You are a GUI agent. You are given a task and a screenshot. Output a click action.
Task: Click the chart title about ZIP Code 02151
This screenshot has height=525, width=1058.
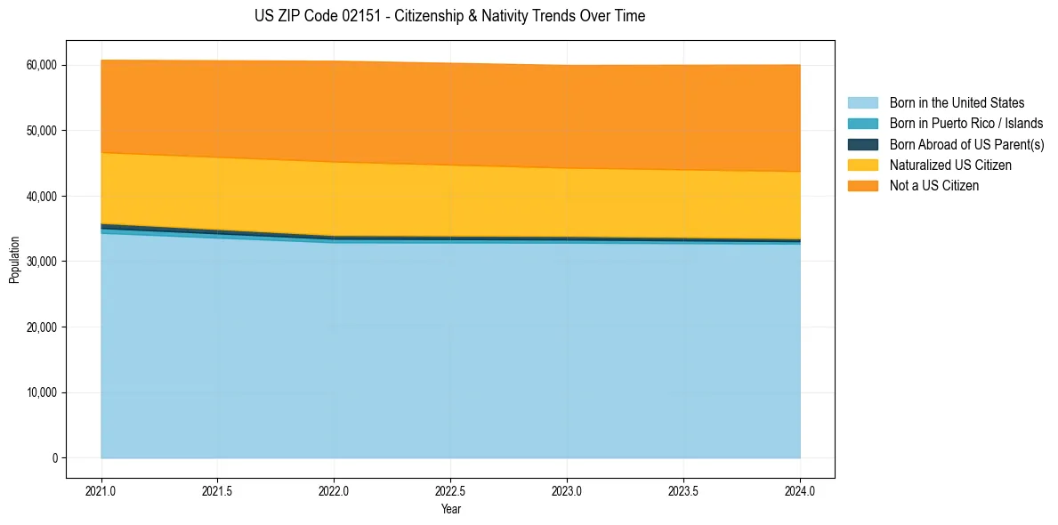coord(449,16)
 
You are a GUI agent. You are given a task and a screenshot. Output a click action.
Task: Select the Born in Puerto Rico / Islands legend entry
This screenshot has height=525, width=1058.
coord(966,124)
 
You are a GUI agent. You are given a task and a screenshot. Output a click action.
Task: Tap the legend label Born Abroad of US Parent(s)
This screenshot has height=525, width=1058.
coord(966,144)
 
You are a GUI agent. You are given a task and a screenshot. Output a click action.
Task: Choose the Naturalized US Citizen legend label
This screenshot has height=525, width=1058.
coord(950,166)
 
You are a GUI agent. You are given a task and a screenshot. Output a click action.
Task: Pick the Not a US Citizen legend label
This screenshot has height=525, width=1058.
coord(934,186)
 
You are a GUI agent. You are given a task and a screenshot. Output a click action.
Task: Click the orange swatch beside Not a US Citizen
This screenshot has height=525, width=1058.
coord(862,186)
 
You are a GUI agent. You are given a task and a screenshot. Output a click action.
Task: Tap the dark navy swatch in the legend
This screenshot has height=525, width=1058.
coord(862,144)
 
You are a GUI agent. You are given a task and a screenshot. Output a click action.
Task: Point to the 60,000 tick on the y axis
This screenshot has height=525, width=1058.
coord(42,65)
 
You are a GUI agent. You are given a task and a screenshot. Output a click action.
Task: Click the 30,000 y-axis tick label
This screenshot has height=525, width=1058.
coord(42,262)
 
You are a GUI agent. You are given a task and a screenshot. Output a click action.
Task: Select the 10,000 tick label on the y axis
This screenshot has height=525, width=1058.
coord(42,392)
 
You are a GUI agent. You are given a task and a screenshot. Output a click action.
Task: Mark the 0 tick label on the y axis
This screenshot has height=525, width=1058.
coord(53,458)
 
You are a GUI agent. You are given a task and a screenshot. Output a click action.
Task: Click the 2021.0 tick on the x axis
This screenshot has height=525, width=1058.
coord(101,490)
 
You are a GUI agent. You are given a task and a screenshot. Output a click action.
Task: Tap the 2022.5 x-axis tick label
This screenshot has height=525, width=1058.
coord(450,490)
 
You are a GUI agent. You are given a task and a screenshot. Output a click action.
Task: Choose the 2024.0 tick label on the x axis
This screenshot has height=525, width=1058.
coord(800,490)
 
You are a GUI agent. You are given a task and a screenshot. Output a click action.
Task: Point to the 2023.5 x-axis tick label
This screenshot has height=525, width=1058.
coord(683,490)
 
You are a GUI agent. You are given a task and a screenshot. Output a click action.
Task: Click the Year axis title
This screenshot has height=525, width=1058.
coord(450,510)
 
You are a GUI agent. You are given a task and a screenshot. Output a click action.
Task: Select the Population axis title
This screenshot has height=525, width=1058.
coord(14,260)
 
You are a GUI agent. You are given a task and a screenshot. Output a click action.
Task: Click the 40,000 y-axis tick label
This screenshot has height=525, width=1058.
coord(42,196)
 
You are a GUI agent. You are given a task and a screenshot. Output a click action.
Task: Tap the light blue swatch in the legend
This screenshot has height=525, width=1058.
coord(862,103)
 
